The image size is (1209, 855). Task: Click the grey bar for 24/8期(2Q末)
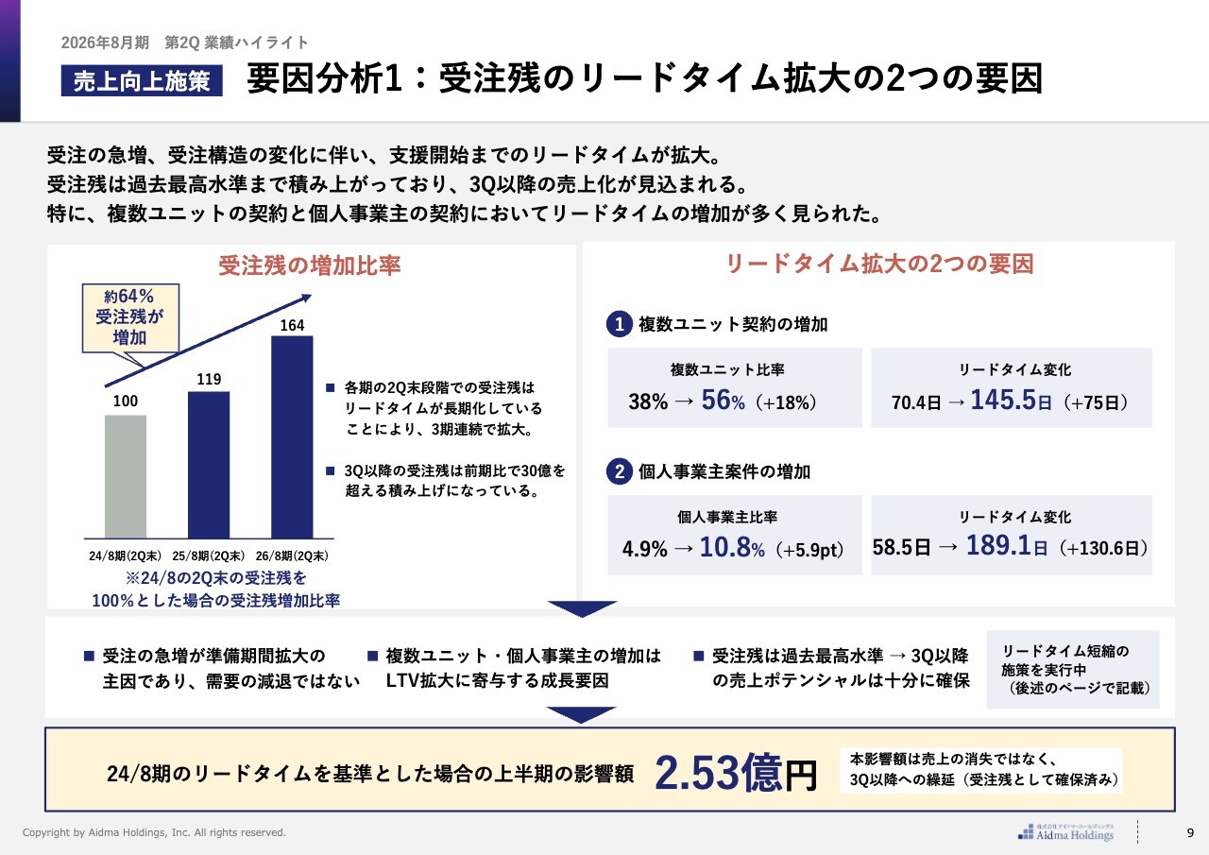125,476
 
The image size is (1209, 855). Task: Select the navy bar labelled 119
209,464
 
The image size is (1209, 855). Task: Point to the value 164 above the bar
292,326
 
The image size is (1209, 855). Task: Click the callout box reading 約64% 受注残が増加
128,317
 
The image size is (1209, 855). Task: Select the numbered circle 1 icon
618,325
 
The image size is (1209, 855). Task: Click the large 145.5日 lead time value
1011,401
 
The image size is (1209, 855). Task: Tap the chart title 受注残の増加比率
310,265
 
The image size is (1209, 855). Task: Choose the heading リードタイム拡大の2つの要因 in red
878,264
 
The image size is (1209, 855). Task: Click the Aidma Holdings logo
1066,831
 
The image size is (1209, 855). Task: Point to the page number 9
1190,832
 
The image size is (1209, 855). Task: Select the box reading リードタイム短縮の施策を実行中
1072,670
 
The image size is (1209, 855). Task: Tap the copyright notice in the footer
154,832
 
